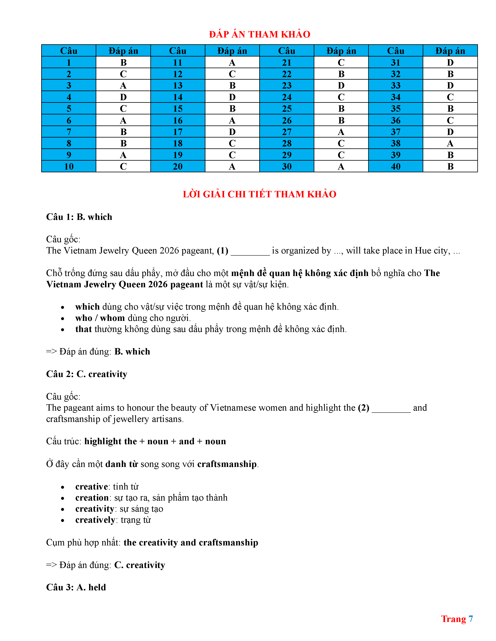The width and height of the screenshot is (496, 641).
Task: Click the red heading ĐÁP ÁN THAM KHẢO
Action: (259, 34)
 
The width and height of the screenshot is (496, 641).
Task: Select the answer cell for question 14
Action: (232, 97)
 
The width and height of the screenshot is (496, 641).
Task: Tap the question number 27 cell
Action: (287, 132)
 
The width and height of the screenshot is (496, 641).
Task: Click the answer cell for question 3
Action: (123, 85)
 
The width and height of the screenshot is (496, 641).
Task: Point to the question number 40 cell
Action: (395, 166)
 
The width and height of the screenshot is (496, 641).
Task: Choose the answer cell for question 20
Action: (232, 166)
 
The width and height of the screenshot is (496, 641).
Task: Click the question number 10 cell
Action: (69, 166)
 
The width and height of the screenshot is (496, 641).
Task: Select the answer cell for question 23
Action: (341, 85)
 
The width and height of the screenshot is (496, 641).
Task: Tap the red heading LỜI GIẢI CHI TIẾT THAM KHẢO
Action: (259, 194)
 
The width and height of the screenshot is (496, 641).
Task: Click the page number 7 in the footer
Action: (471, 619)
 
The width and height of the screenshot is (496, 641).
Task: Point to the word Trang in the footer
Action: (453, 619)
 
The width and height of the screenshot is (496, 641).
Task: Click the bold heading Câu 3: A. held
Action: (76, 587)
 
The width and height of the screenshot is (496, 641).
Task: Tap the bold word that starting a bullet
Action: (83, 329)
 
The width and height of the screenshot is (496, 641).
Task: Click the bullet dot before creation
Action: (63, 498)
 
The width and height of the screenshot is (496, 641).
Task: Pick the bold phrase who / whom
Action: (100, 318)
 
